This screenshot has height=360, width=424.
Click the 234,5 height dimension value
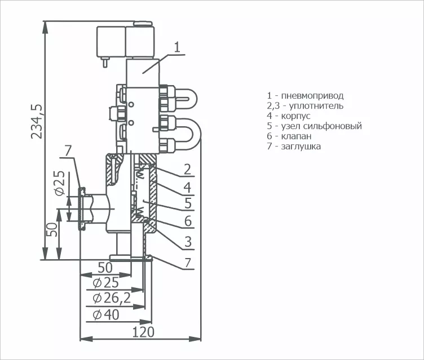tap(37, 121)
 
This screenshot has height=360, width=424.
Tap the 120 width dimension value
tap(143, 332)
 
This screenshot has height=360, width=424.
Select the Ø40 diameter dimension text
tap(106, 314)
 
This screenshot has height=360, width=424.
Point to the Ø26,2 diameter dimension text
tap(112, 298)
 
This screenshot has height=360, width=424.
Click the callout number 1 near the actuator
tap(176, 47)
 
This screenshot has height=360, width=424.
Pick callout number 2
tap(187, 169)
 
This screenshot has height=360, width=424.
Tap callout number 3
tap(188, 242)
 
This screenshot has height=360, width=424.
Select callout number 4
tap(187, 187)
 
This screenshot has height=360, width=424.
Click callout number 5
tap(188, 203)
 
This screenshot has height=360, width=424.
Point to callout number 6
tap(188, 221)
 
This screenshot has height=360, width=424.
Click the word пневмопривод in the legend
tap(312, 96)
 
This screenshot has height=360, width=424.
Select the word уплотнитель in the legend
tap(316, 106)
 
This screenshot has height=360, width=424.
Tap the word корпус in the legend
tap(296, 116)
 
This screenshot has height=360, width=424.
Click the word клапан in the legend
tap(297, 136)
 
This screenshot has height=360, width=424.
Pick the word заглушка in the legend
tap(301, 146)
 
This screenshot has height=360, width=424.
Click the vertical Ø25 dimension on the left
tap(60, 183)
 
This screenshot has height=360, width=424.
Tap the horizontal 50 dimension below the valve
tap(105, 268)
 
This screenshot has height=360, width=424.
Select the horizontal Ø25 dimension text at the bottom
tap(106, 283)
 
